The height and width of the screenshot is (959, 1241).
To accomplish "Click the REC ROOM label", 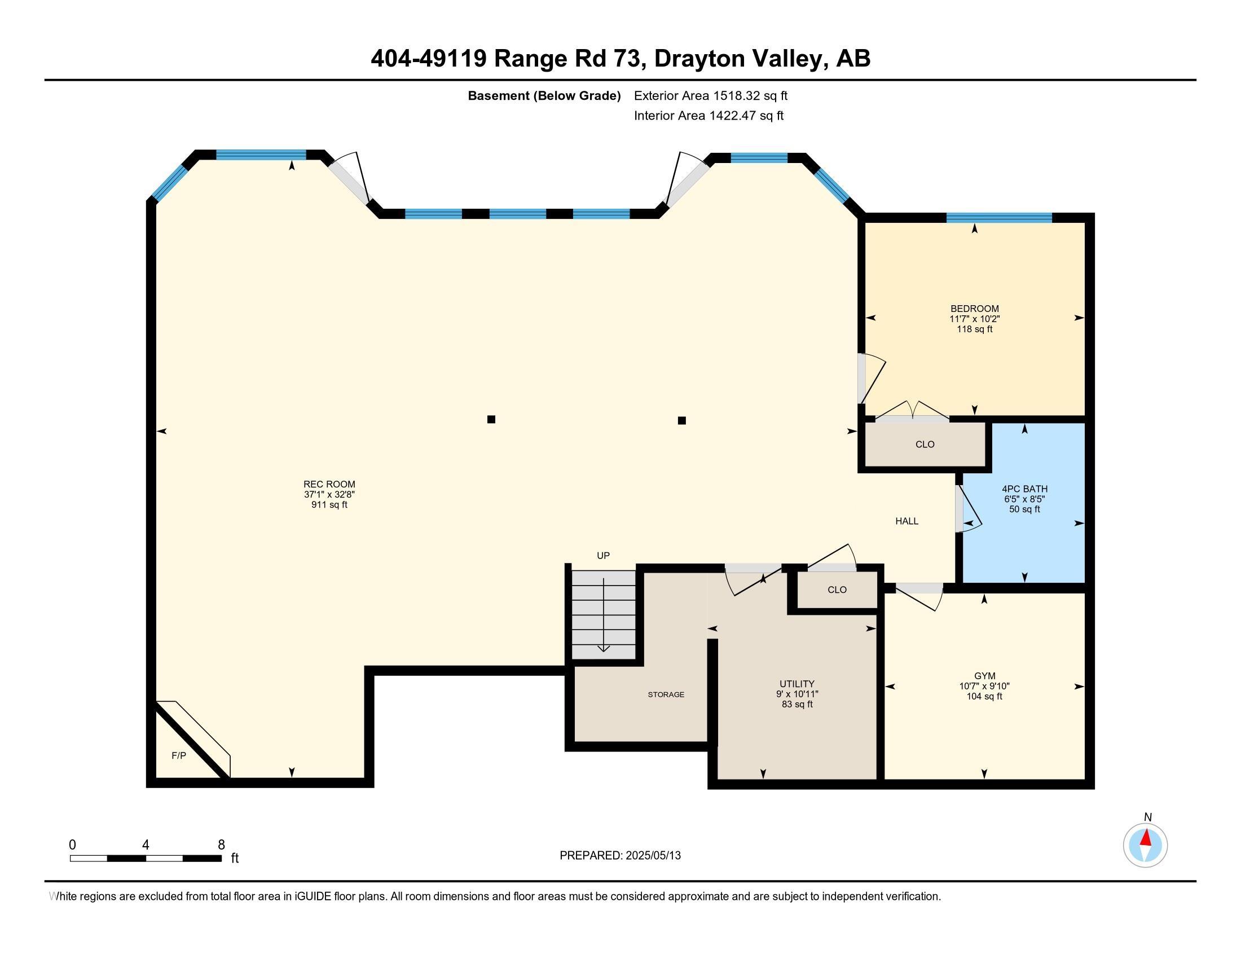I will pyautogui.click(x=329, y=485).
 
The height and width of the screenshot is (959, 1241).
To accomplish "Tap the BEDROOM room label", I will pyautogui.click(x=975, y=309).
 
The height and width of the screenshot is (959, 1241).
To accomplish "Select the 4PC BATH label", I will pyautogui.click(x=1024, y=489).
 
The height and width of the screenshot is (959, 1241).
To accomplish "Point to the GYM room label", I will pyautogui.click(x=984, y=676).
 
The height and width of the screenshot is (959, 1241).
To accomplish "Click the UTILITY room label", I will pyautogui.click(x=796, y=684).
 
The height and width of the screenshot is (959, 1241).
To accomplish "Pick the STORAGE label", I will pyautogui.click(x=666, y=695).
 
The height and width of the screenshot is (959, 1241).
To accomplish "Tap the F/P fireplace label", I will pyautogui.click(x=179, y=755).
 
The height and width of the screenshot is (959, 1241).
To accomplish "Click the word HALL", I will pyautogui.click(x=907, y=521).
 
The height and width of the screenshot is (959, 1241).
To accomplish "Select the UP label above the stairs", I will pyautogui.click(x=603, y=556).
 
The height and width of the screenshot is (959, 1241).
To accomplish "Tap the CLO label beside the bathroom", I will pyautogui.click(x=925, y=445).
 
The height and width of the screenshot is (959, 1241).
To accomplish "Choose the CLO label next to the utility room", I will pyautogui.click(x=837, y=590).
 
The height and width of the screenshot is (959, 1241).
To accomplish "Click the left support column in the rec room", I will pyautogui.click(x=491, y=419).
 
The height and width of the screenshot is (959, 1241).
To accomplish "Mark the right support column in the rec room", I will pyautogui.click(x=682, y=420).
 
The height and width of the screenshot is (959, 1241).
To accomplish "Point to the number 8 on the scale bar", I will pyautogui.click(x=221, y=845).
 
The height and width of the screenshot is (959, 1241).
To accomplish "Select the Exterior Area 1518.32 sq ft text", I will pyautogui.click(x=710, y=95).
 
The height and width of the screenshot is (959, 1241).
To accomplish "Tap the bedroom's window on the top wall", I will pyautogui.click(x=999, y=217).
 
